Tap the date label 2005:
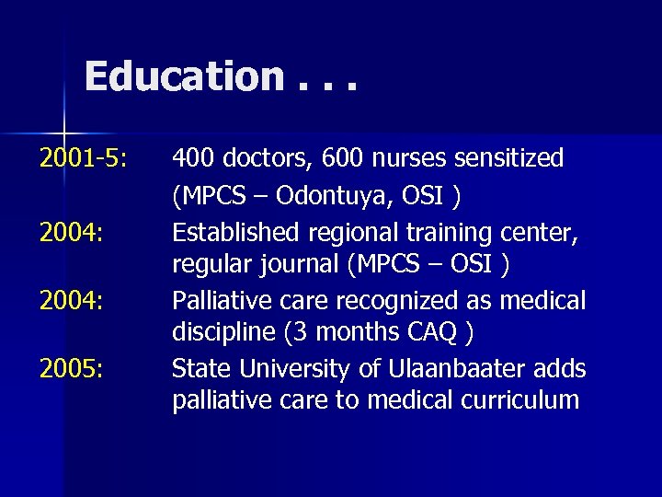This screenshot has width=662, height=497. click(x=71, y=369)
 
